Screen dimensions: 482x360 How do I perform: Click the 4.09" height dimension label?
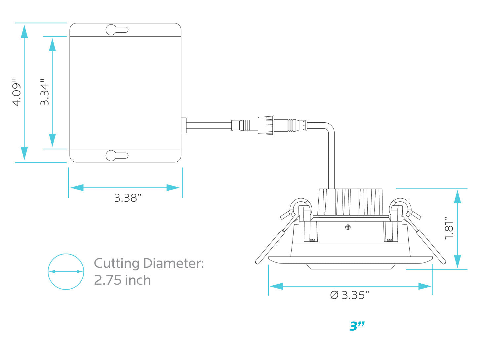(17, 92)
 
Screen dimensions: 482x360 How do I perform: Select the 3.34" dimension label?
(45, 92)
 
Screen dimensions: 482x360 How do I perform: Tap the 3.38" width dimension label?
(128, 198)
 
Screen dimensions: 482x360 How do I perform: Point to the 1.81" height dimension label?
(449, 228)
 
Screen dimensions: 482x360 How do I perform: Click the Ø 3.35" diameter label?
(349, 295)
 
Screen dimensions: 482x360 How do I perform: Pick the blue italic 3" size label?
(357, 326)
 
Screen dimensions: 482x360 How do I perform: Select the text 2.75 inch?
(122, 280)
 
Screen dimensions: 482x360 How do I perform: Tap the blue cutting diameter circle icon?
(66, 271)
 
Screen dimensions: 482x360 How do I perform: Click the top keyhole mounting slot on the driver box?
(117, 30)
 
